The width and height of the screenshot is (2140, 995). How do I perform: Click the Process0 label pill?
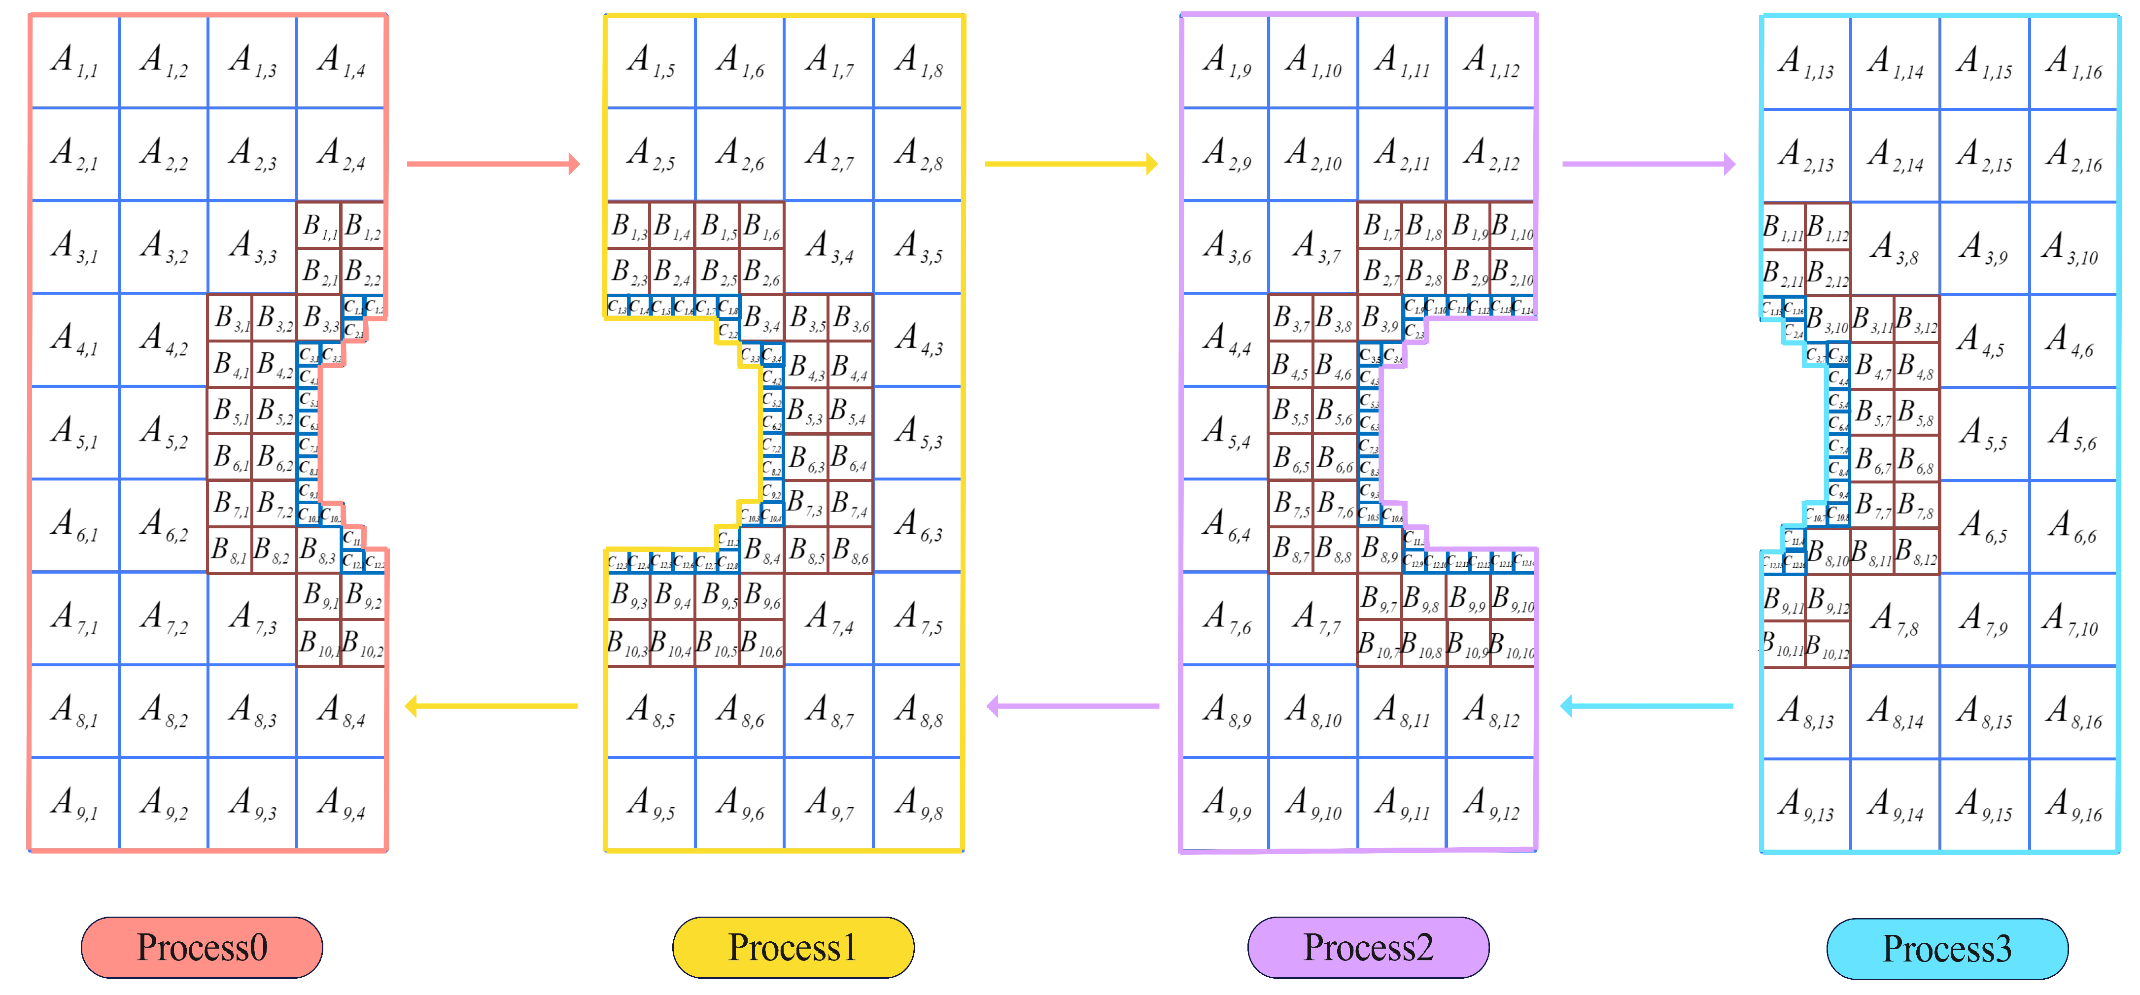[202, 948]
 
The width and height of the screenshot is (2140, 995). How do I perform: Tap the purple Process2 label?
[1368, 948]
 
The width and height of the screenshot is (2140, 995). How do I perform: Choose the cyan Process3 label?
[1947, 949]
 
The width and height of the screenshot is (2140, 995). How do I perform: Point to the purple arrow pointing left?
[1071, 706]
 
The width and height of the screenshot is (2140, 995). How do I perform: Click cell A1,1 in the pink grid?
[75, 62]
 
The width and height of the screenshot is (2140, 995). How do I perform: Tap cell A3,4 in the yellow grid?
[829, 247]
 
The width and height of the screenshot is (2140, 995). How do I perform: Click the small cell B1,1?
[319, 226]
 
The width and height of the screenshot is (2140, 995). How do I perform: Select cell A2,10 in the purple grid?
[1313, 154]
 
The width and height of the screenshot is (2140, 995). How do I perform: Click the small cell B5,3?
[805, 411]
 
